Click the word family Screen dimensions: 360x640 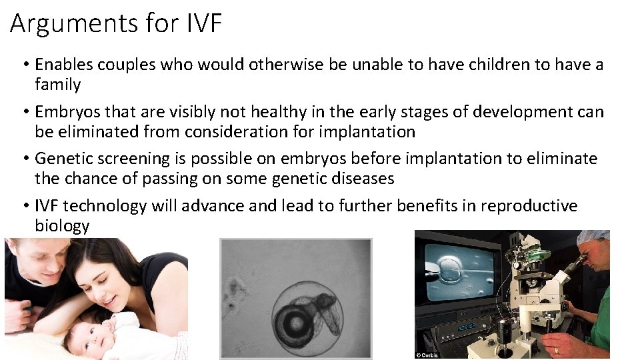pyautogui.click(x=57, y=85)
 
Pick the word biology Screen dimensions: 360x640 pyautogui.click(x=62, y=226)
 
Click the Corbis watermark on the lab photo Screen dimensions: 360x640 pyautogui.click(x=426, y=354)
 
